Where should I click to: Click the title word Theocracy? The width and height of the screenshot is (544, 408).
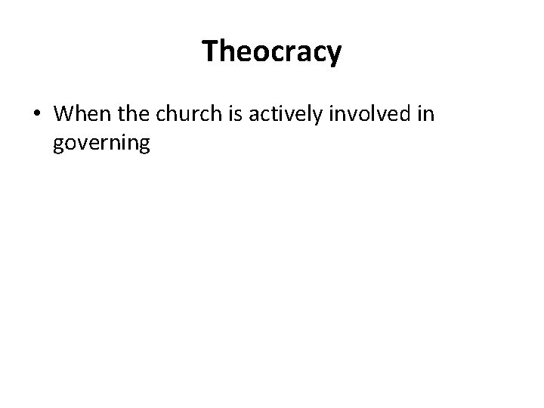click(x=272, y=52)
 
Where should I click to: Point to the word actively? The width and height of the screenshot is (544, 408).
click(x=281, y=115)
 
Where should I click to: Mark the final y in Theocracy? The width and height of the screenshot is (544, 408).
click(x=334, y=54)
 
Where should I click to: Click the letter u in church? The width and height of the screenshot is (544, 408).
click(x=187, y=116)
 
